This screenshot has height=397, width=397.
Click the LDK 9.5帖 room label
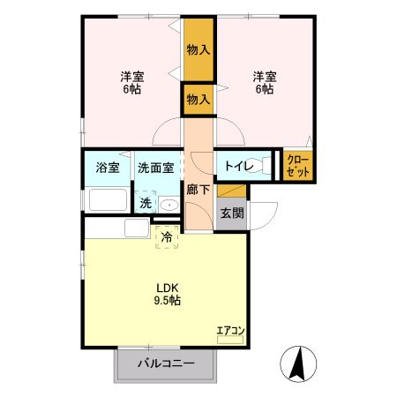168,294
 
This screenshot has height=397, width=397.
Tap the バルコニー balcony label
166,363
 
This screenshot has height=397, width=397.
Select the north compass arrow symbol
298,363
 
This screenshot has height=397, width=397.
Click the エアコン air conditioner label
231,331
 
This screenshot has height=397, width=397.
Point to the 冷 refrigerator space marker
167,237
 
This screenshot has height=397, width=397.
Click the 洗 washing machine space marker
146,203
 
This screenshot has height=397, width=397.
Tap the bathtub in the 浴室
108,199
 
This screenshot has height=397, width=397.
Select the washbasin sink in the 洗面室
169,205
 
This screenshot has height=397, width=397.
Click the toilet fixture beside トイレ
259,166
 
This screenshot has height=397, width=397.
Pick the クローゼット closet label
298,166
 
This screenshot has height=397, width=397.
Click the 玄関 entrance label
232,213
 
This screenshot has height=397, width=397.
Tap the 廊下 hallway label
198,190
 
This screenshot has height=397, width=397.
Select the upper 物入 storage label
198,49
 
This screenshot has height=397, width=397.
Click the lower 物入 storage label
198,100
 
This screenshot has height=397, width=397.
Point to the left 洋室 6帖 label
132,83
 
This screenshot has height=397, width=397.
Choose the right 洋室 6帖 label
265,83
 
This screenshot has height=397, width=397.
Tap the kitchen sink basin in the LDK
137,228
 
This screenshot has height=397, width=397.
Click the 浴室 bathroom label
108,168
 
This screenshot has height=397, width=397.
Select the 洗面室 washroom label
156,168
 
